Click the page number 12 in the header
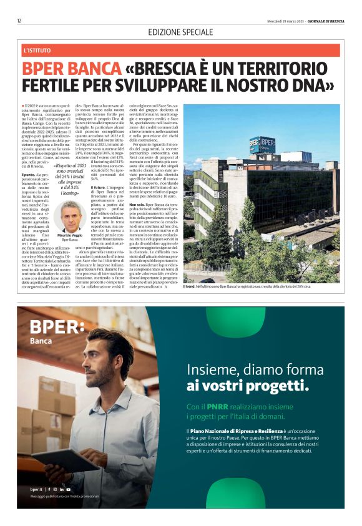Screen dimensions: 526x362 point(19,21)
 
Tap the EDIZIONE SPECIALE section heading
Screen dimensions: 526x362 point(181,32)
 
